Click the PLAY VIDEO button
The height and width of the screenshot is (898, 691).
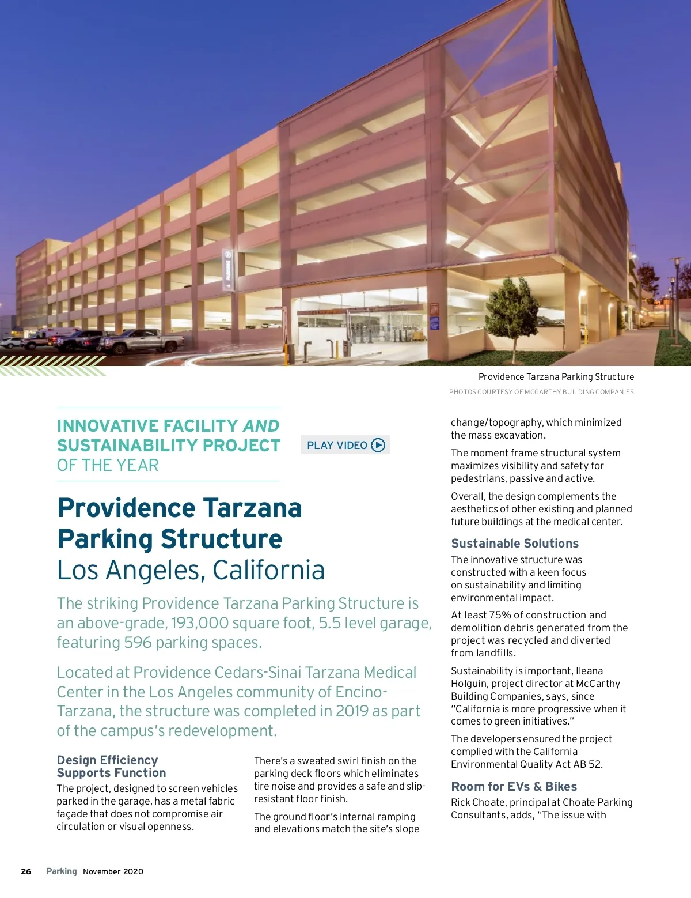pos(344,445)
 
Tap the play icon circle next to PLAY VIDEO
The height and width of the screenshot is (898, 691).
pos(378,445)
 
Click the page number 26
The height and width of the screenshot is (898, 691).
pos(26,871)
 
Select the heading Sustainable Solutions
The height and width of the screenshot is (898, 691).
pos(515,543)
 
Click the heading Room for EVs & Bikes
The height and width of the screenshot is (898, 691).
pos(514,786)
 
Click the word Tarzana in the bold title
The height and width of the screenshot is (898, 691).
pos(252,508)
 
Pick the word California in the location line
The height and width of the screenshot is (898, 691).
pos(268,570)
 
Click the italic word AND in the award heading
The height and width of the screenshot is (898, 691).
pos(261,426)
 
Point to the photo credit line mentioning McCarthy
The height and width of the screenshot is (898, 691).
pos(541,392)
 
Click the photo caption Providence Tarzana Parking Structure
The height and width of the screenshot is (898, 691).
pos(556,376)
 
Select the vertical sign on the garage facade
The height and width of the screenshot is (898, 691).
pos(228,269)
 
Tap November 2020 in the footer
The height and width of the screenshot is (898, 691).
pos(113,871)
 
